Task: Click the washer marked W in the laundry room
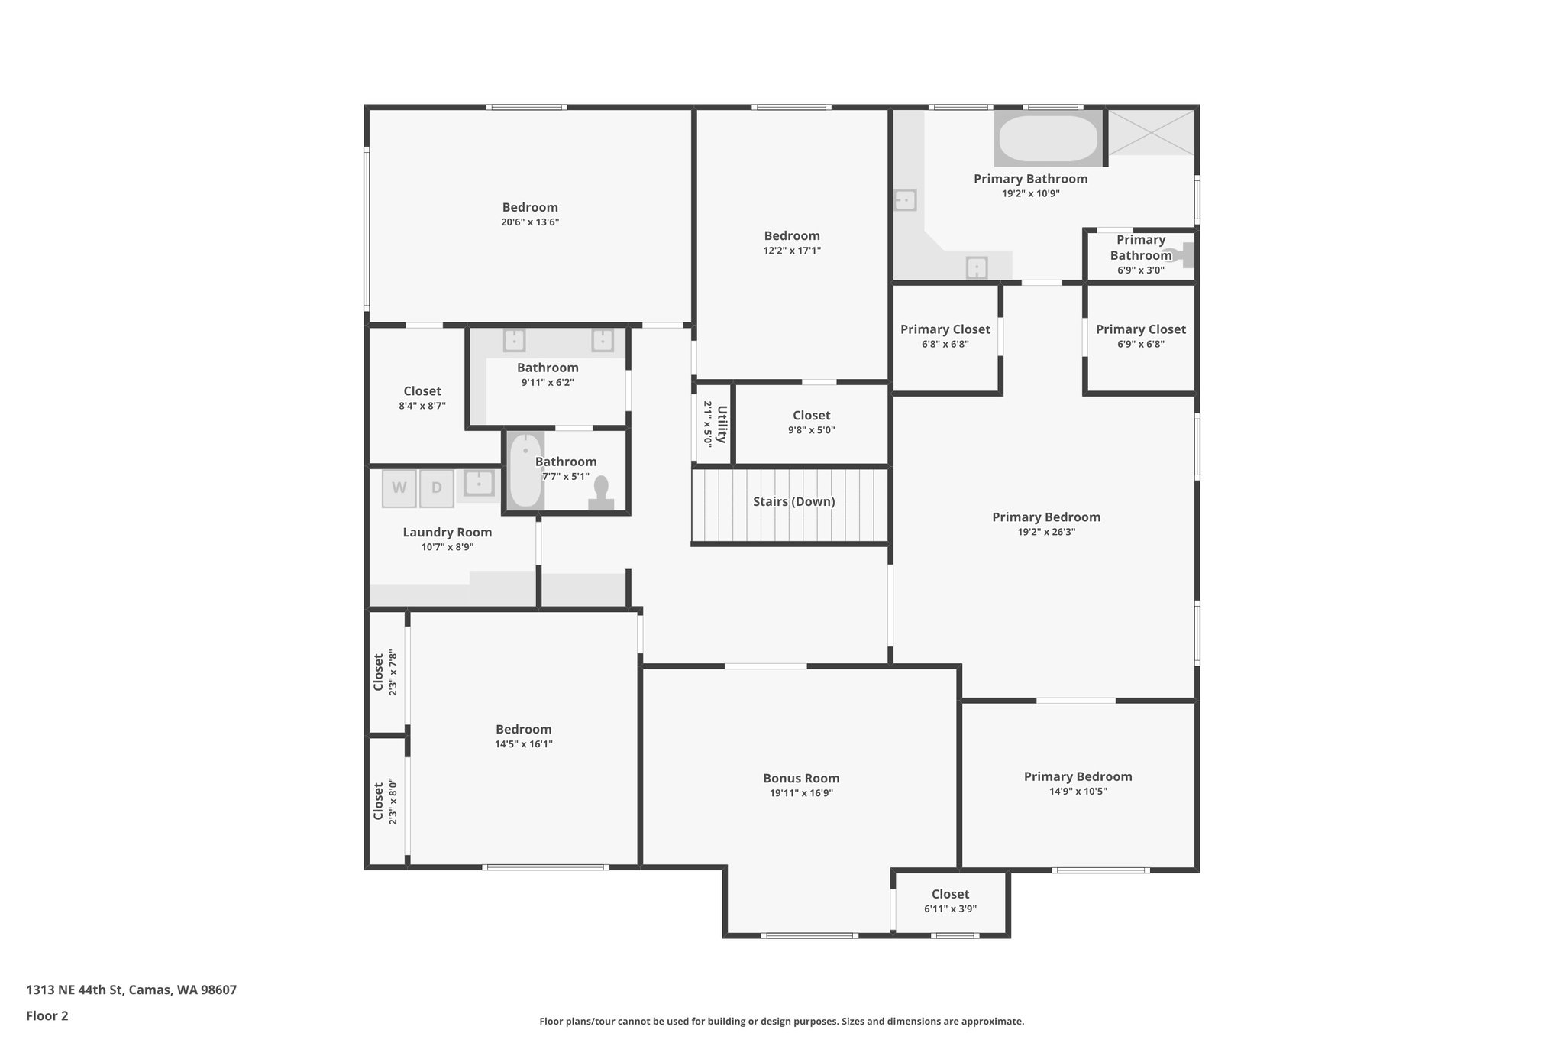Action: (399, 488)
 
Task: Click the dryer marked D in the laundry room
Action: (436, 488)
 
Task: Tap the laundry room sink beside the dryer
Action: (479, 483)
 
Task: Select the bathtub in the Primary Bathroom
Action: (1049, 138)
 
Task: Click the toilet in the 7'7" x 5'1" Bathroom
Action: (601, 494)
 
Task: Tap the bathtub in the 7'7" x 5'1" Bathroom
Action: (525, 471)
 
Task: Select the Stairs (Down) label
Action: (793, 502)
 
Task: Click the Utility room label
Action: (721, 424)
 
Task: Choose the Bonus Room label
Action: (801, 779)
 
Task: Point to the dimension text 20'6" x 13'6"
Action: (530, 222)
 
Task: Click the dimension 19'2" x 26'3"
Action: (1046, 532)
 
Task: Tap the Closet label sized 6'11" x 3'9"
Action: (950, 894)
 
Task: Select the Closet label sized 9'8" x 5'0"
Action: (811, 416)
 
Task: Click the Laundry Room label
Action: (447, 533)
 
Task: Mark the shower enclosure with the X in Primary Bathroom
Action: (1151, 132)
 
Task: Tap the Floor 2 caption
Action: (47, 1016)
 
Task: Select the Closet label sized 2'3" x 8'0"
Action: (378, 801)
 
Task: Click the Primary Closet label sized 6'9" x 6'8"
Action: (1140, 329)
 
